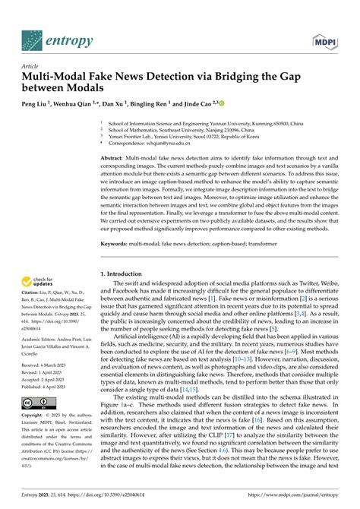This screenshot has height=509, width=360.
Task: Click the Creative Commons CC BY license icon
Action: (36, 401)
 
